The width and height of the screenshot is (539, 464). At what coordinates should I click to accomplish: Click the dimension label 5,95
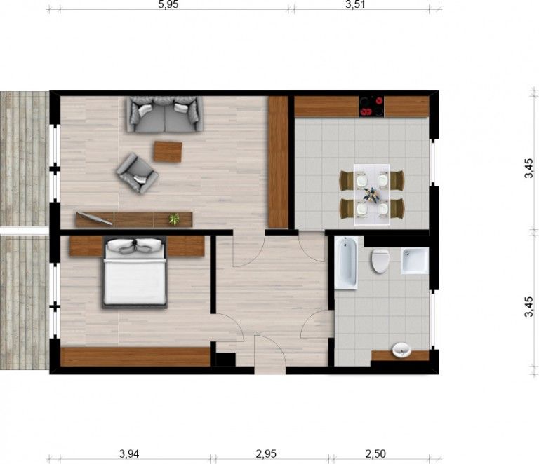[x=168, y=4]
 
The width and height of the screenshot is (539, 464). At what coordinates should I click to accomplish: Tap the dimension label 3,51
[x=355, y=4]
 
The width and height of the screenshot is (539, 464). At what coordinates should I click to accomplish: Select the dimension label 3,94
[x=129, y=453]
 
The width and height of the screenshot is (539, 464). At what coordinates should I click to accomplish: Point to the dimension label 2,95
[x=266, y=453]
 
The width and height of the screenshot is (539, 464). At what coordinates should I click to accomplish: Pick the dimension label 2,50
[x=375, y=453]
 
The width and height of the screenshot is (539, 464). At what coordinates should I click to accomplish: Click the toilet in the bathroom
[x=380, y=261]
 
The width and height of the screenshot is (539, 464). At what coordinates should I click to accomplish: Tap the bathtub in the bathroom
[x=346, y=263]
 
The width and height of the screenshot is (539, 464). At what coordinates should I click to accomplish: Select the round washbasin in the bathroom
[x=401, y=350]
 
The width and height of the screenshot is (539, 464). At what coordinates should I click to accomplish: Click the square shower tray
[x=415, y=261]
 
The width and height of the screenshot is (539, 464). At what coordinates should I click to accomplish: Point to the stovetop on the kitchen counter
[x=371, y=107]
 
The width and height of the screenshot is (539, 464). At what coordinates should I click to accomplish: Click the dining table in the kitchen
[x=371, y=195]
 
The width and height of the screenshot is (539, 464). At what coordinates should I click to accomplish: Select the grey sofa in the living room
[x=165, y=114]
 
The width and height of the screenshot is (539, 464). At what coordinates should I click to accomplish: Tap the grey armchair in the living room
[x=137, y=173]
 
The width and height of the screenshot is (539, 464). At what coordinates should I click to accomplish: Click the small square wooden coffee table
[x=168, y=151]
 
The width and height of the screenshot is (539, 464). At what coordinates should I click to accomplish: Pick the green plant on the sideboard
[x=174, y=219]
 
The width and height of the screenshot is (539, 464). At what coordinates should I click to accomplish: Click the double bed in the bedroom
[x=135, y=272]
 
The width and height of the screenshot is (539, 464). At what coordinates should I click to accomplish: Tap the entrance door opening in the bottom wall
[x=269, y=370]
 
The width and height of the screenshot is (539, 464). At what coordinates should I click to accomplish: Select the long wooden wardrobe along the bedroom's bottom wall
[x=135, y=357]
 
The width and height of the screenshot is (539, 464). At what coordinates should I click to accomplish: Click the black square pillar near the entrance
[x=225, y=360]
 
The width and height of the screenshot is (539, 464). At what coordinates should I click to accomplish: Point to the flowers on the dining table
[x=371, y=195]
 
